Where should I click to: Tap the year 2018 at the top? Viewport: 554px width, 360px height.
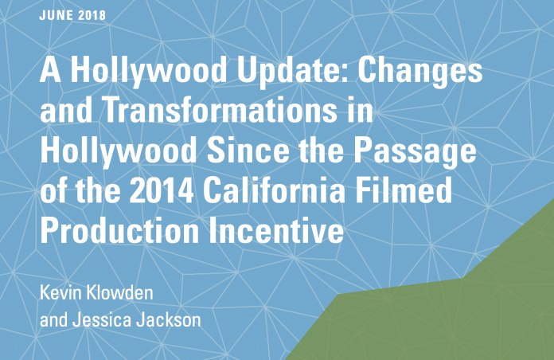(92, 15)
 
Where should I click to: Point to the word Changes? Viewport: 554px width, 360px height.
(420, 71)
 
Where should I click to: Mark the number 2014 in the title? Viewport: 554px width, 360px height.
(162, 190)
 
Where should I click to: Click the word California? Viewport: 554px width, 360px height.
(274, 190)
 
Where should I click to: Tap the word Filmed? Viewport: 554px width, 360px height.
(404, 190)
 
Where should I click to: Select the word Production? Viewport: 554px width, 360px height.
(119, 230)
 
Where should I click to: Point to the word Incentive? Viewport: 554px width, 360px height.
(276, 230)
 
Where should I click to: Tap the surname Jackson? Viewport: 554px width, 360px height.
(169, 319)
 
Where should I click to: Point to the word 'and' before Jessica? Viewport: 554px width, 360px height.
(53, 319)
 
